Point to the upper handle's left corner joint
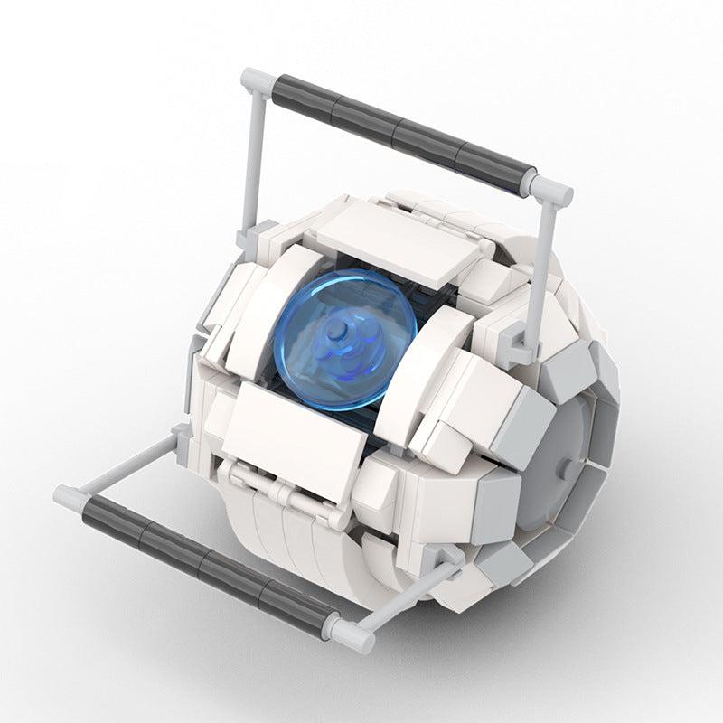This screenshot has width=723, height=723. click(256, 81)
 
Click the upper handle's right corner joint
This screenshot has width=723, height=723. click(551, 189)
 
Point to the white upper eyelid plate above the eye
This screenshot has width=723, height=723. click(398, 239)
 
